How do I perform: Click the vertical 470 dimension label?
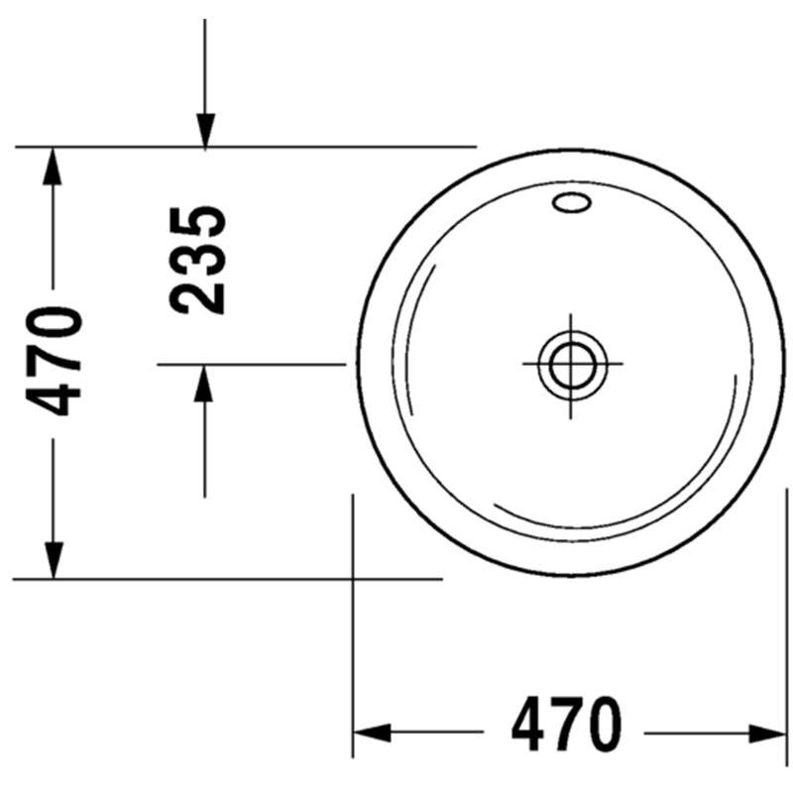click(x=55, y=361)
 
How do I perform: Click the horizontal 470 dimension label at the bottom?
click(x=566, y=724)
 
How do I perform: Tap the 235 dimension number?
click(x=197, y=260)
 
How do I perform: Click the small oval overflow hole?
click(x=572, y=202)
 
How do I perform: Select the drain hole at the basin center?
click(x=572, y=365)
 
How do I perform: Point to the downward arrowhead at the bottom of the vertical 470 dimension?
click(x=54, y=560)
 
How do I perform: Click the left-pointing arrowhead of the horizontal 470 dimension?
click(x=372, y=734)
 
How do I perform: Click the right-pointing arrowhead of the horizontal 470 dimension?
click(x=767, y=734)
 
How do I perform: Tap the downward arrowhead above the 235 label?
click(x=205, y=132)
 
